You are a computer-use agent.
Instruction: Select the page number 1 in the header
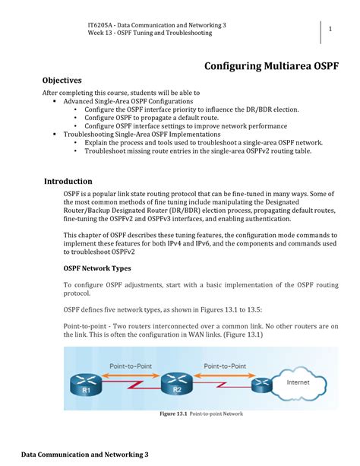click(332, 30)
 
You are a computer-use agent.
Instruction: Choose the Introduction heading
click(68, 182)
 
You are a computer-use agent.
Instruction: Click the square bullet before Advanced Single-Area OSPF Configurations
click(55, 101)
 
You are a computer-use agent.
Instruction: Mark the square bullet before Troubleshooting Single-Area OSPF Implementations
click(55, 134)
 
